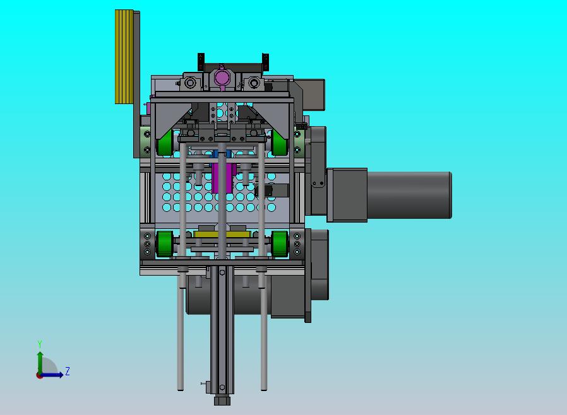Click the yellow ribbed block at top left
[124, 57]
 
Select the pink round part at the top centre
[221, 78]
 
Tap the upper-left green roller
[165, 143]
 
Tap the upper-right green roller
[280, 143]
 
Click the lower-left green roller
[165, 244]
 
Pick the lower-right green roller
[280, 244]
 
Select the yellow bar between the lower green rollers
[222, 235]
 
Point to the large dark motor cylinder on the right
[409, 195]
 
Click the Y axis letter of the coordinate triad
[40, 344]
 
